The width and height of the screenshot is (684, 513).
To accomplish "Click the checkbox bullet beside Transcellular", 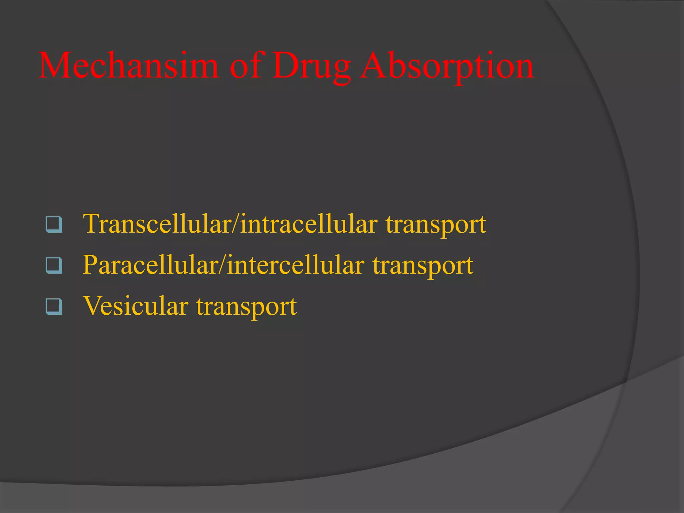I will [x=54, y=224].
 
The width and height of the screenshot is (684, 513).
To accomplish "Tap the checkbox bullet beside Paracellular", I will [x=54, y=266].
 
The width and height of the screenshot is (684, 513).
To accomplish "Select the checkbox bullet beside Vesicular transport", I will [x=54, y=307].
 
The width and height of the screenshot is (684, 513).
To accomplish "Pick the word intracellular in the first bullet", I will [x=309, y=224].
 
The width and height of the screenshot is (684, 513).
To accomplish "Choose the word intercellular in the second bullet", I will [x=296, y=265].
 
